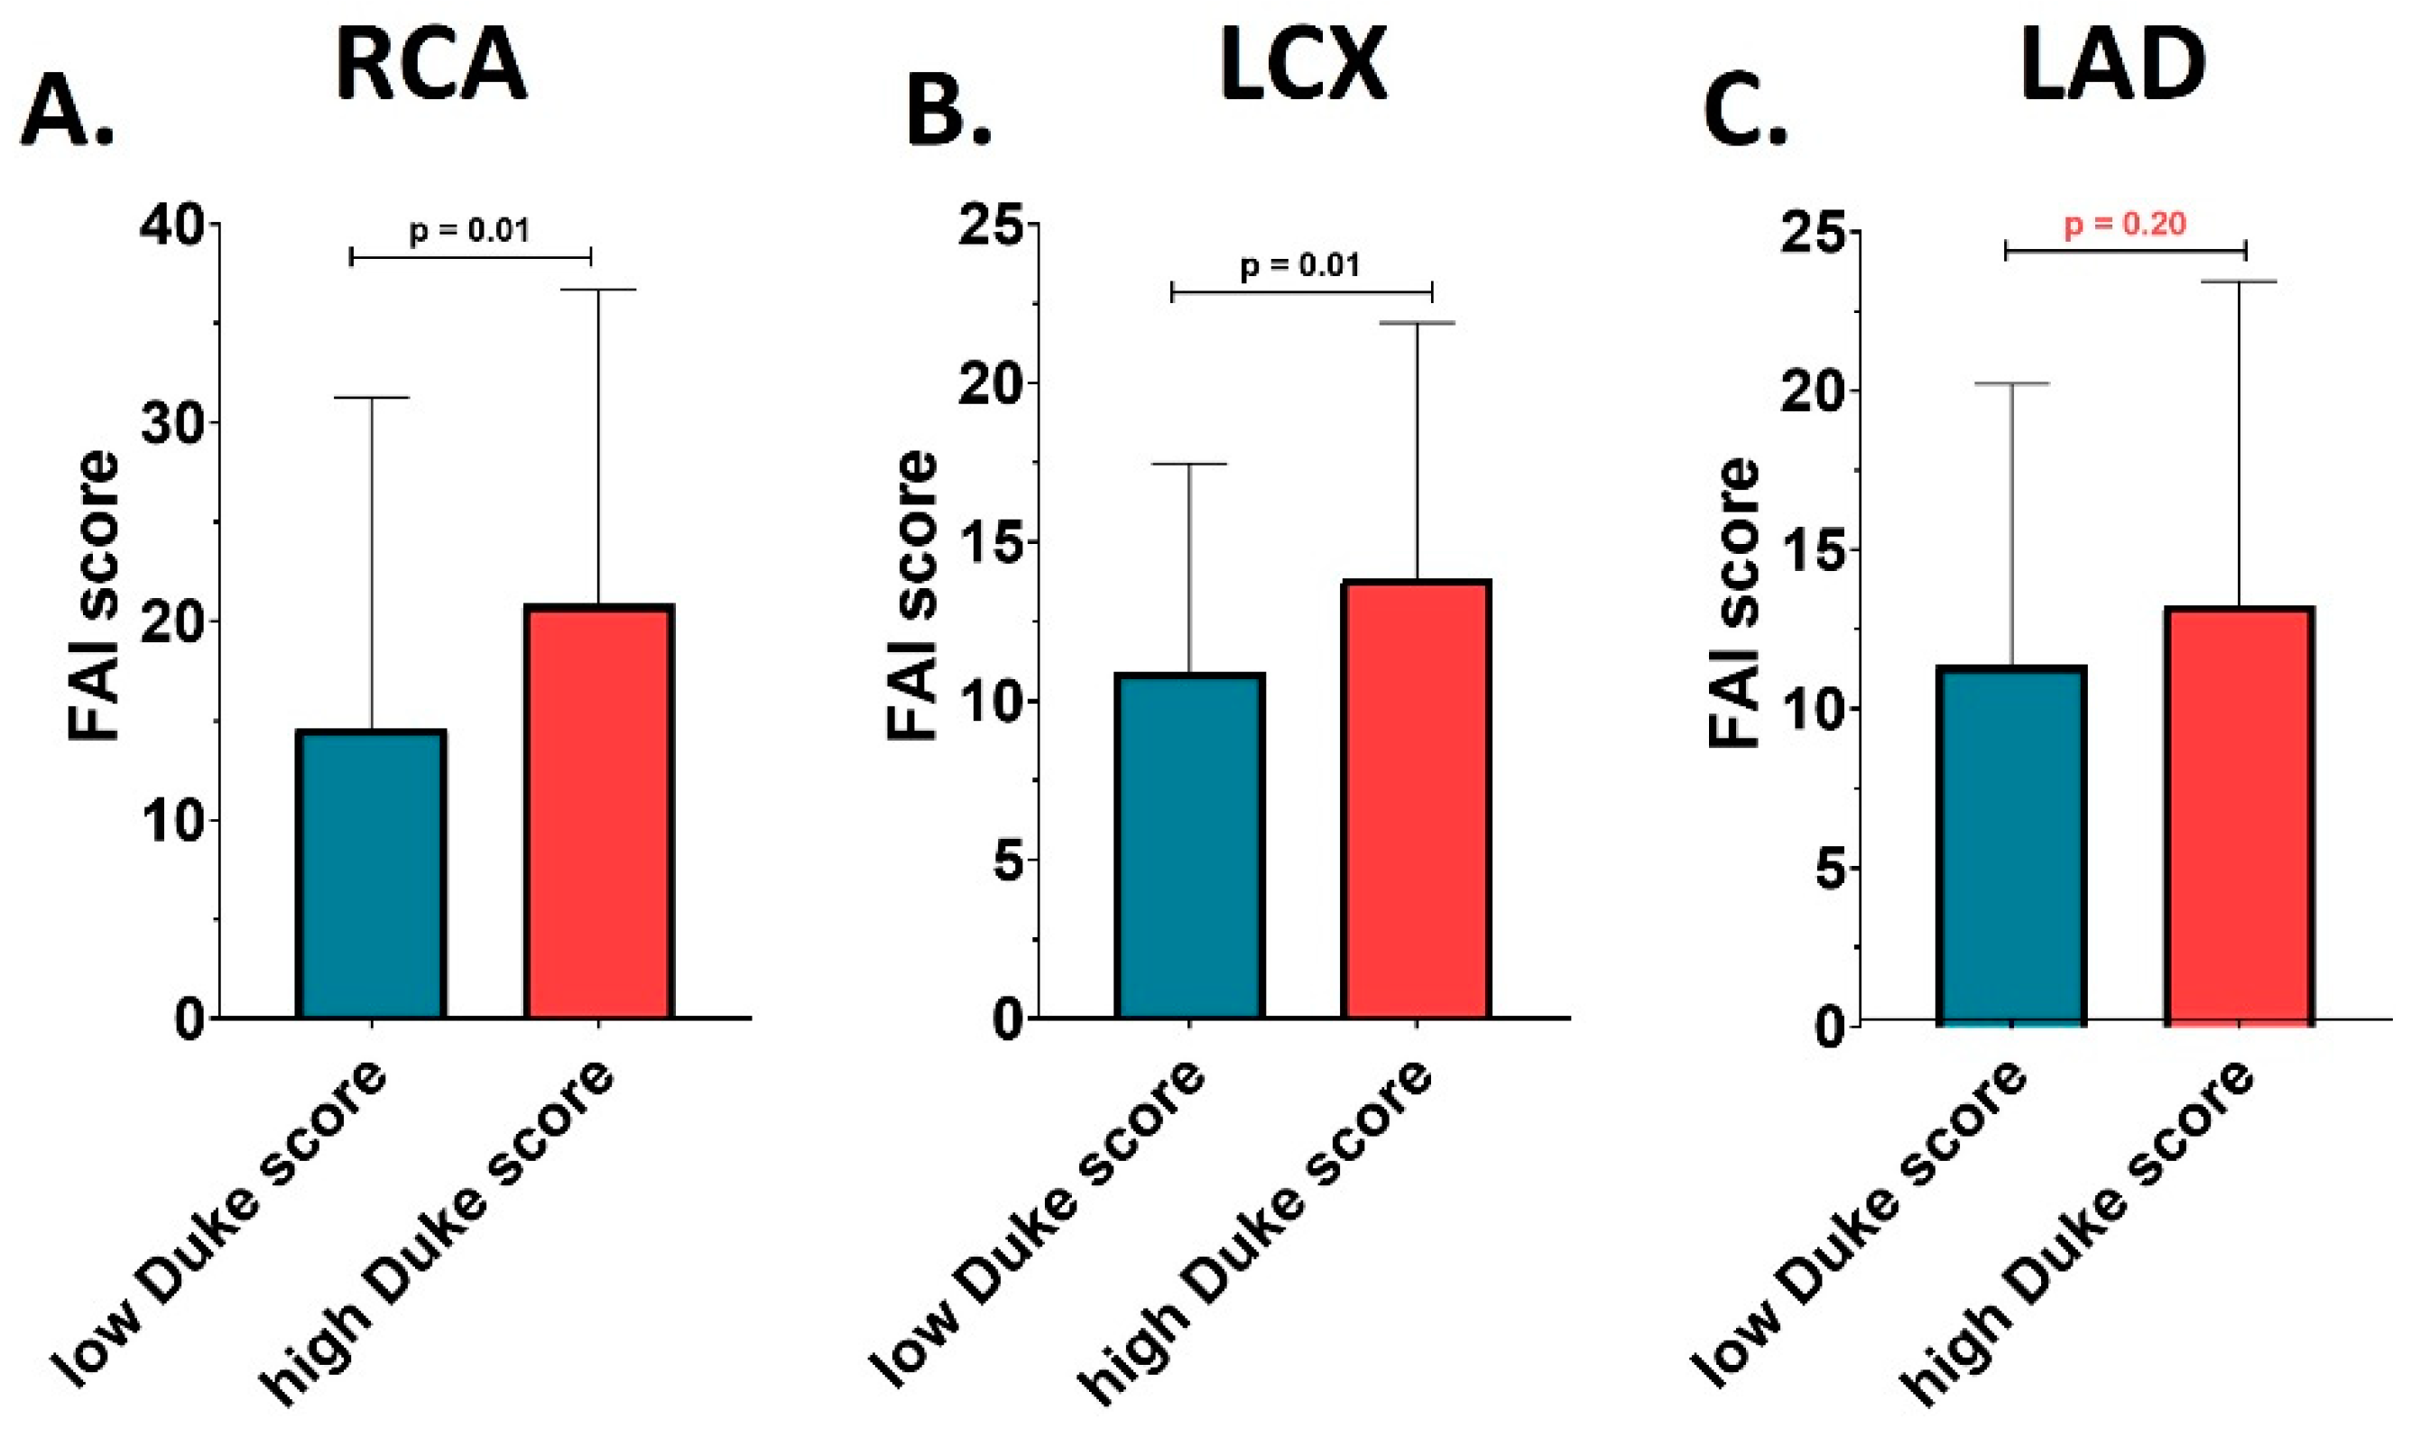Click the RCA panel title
[432, 66]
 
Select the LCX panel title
[1303, 66]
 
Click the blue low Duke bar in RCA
[372, 873]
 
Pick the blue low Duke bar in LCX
[1190, 845]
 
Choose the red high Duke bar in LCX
[1418, 799]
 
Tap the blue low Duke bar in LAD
[2011, 845]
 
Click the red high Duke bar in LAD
[2239, 815]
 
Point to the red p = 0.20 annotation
[2125, 225]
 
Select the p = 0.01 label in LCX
[1300, 265]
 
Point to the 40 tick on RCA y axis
[173, 226]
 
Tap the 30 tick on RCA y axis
[173, 423]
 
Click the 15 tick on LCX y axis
[992, 542]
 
